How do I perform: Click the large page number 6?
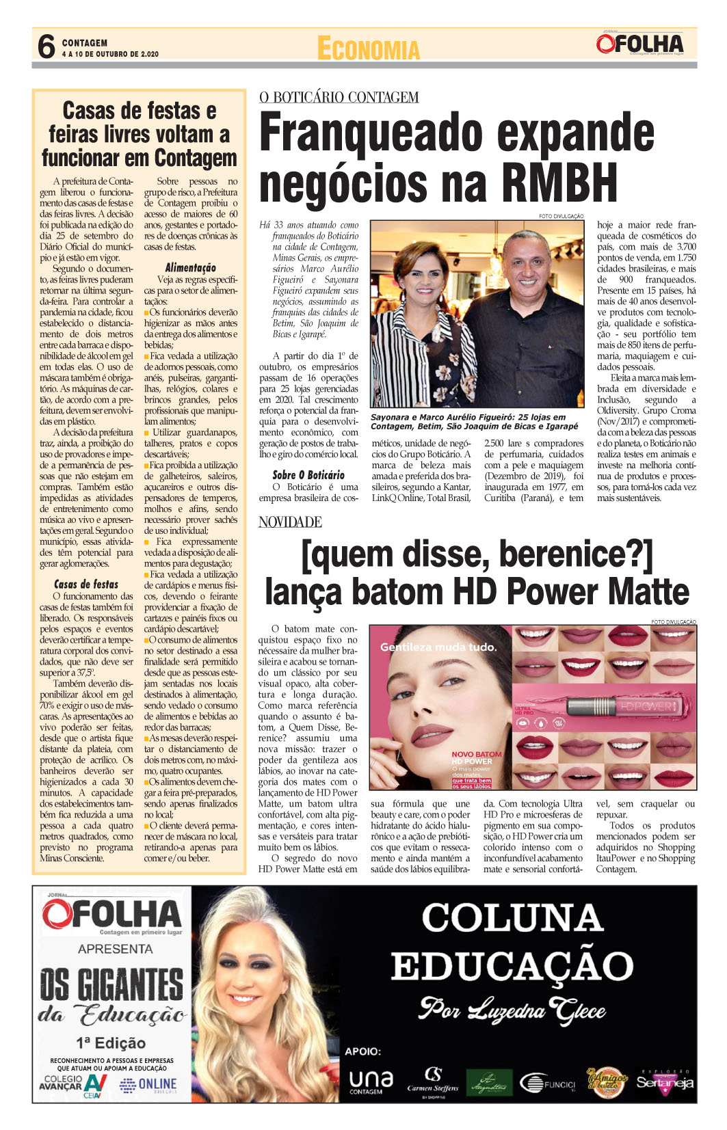pyautogui.click(x=46, y=47)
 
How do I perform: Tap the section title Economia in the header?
pyautogui.click(x=368, y=49)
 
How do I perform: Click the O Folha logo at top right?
pyautogui.click(x=639, y=44)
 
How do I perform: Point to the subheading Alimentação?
pyautogui.click(x=190, y=268)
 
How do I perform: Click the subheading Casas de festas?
pyautogui.click(x=86, y=584)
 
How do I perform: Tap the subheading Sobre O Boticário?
pyautogui.click(x=308, y=475)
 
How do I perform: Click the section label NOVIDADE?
pyautogui.click(x=290, y=522)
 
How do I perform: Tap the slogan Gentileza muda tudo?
pyautogui.click(x=438, y=647)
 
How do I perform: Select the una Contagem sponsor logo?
pyautogui.click(x=371, y=1081)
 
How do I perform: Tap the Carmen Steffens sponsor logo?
pyautogui.click(x=434, y=1081)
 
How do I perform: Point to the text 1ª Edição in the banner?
pyautogui.click(x=111, y=1043)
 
